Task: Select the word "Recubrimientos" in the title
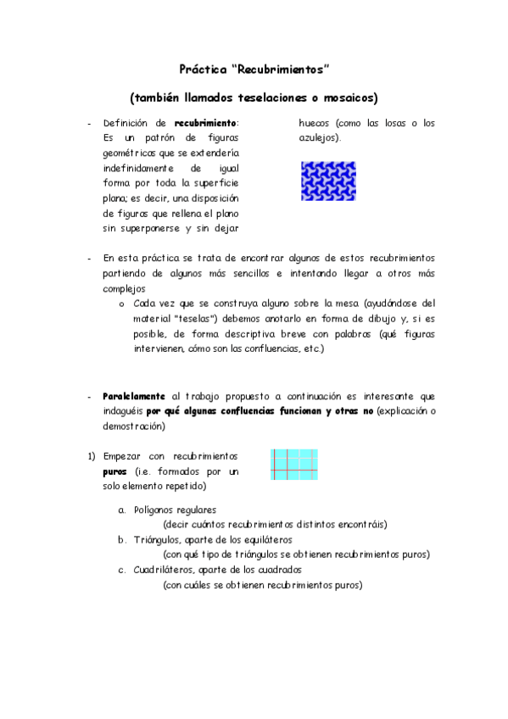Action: click(x=279, y=67)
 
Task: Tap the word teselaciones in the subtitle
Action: click(x=271, y=98)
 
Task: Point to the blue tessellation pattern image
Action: click(x=321, y=181)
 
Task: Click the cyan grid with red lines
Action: click(x=293, y=465)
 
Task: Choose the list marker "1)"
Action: click(x=91, y=455)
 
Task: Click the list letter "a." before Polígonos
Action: click(x=122, y=510)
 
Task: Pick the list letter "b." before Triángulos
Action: click(x=122, y=539)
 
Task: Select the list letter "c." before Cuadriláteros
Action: click(x=122, y=570)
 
